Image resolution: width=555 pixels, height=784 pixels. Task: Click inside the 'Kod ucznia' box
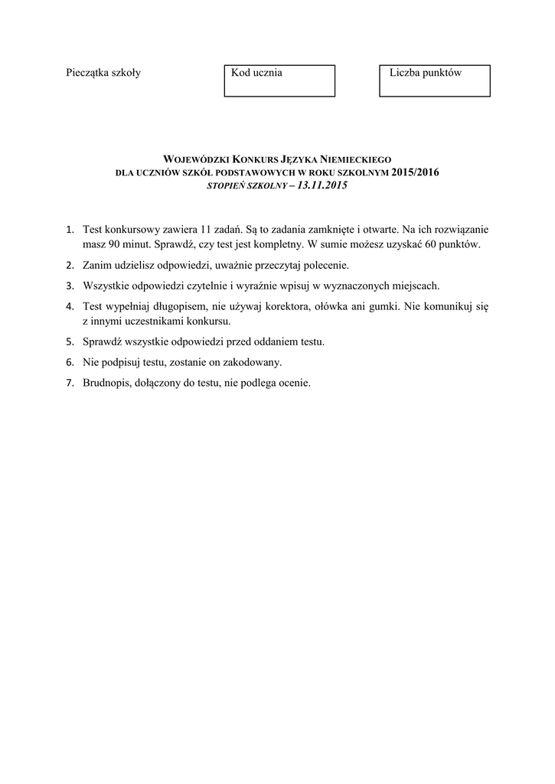point(279,80)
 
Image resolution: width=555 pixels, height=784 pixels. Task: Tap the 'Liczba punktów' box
point(435,80)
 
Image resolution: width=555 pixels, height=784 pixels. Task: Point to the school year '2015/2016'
point(416,171)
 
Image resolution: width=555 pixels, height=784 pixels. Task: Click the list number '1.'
point(70,229)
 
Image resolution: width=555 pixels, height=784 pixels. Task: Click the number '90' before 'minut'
point(113,243)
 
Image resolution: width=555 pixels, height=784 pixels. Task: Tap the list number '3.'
point(70,286)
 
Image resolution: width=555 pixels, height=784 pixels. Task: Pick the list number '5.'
point(70,341)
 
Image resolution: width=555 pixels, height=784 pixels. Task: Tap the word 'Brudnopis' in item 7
point(106,383)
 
